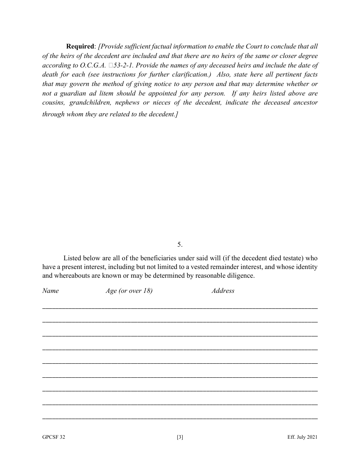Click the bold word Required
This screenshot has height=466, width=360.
click(80, 47)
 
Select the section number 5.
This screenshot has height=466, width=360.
click(180, 244)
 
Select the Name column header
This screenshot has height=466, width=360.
click(50, 291)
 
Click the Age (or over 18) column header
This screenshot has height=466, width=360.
click(129, 291)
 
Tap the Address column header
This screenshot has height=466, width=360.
click(223, 291)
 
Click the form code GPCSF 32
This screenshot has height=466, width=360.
click(53, 437)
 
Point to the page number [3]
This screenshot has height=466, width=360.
click(180, 437)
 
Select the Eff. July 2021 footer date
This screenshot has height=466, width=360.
click(302, 437)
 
